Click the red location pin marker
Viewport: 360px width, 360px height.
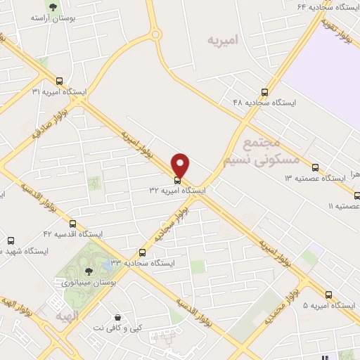tap(181, 165)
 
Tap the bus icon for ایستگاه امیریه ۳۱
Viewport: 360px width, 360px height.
tap(59, 81)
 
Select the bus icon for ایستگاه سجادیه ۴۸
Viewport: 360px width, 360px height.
tap(265, 91)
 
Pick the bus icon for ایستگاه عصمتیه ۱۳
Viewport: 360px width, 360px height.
tap(315, 167)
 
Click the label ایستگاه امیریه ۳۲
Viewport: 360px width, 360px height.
tap(177, 191)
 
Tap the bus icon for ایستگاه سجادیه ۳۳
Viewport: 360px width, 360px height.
tap(143, 252)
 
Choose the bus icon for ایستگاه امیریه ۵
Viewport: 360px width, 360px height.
tap(328, 295)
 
